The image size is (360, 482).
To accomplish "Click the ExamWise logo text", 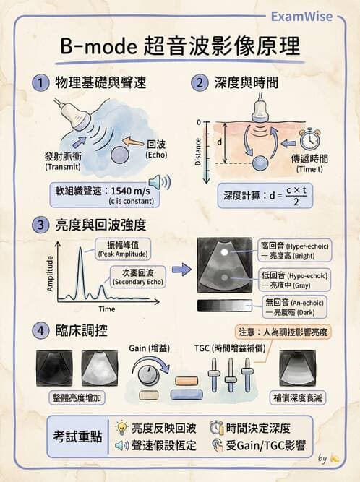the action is point(301,17).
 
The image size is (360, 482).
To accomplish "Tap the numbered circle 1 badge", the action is point(40,82).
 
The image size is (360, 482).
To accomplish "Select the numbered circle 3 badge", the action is point(40,225).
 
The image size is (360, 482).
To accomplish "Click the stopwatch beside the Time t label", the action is point(309,139).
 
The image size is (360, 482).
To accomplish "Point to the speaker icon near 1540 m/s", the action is point(160,182).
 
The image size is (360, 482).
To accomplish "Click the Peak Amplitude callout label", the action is point(123,249).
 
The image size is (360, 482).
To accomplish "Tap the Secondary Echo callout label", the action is point(138,277).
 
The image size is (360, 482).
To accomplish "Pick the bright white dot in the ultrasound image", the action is point(225,252).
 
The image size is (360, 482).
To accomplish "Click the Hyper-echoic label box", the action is point(294,251).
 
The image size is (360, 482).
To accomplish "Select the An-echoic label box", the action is point(294,307).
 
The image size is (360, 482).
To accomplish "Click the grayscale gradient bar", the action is point(224,306).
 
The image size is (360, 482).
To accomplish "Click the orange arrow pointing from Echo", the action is point(134,142).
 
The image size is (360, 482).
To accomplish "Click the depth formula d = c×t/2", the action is point(265,196).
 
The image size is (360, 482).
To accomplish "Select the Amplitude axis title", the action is point(50,274).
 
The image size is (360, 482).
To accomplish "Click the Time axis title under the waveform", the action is point(107,309).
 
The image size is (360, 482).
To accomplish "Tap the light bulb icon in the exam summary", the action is point(121,428).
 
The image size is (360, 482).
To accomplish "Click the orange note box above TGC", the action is point(283,332).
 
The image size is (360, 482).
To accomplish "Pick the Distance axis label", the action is point(198,152).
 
